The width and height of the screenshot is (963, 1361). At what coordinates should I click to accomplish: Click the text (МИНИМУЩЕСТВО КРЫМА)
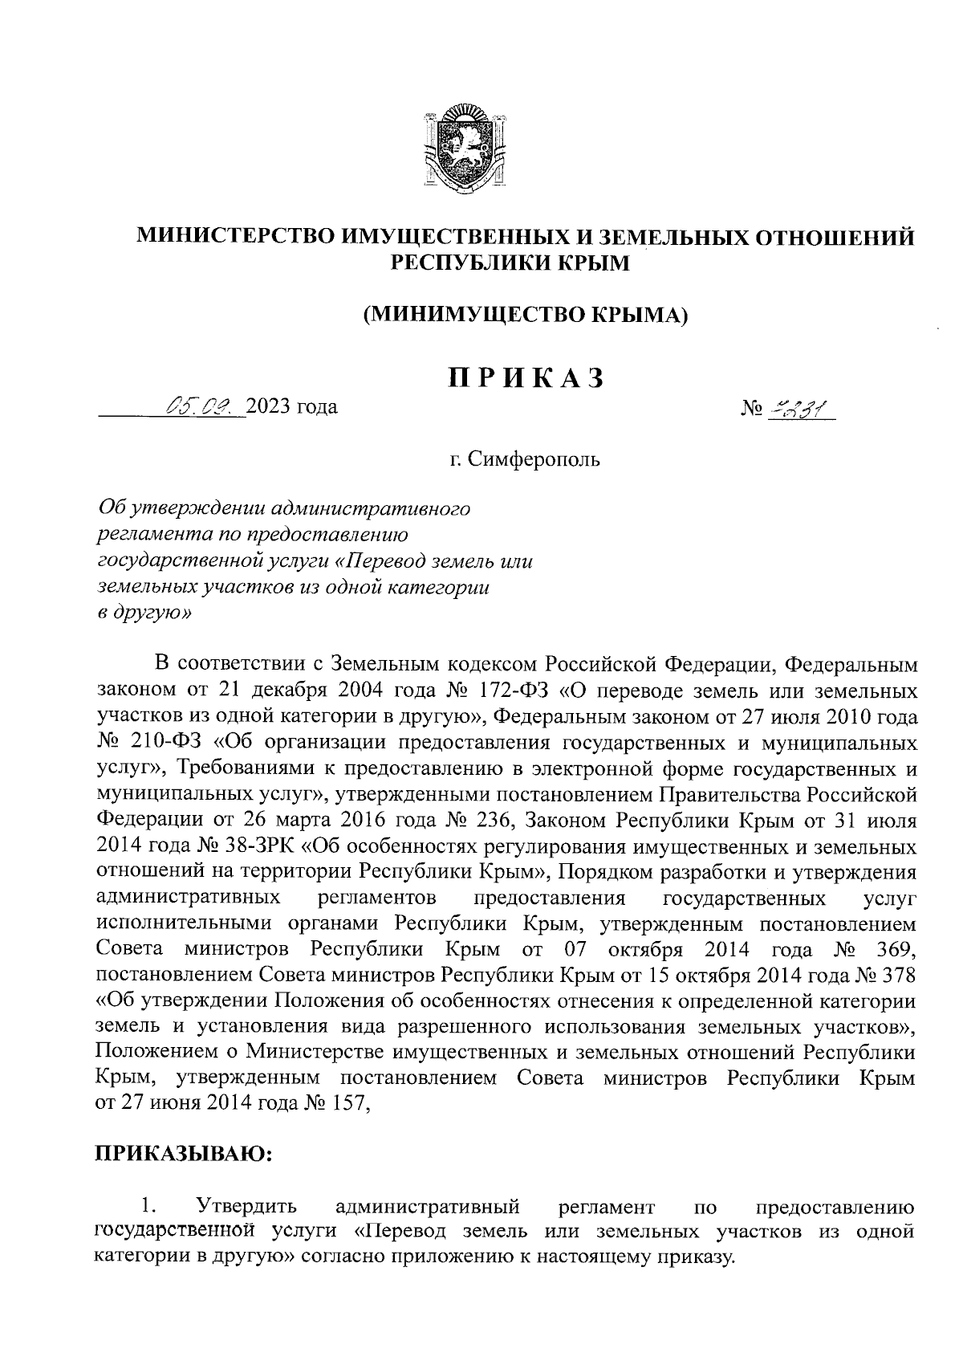pyautogui.click(x=526, y=316)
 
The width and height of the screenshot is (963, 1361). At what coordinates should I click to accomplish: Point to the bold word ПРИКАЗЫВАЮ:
pyautogui.click(x=185, y=1153)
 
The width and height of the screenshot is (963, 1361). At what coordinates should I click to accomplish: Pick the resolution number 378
pyautogui.click(x=896, y=975)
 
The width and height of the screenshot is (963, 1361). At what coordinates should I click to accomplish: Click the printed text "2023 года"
pyautogui.click(x=292, y=407)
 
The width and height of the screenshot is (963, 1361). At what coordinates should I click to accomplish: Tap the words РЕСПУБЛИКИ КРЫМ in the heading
pyautogui.click(x=509, y=263)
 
